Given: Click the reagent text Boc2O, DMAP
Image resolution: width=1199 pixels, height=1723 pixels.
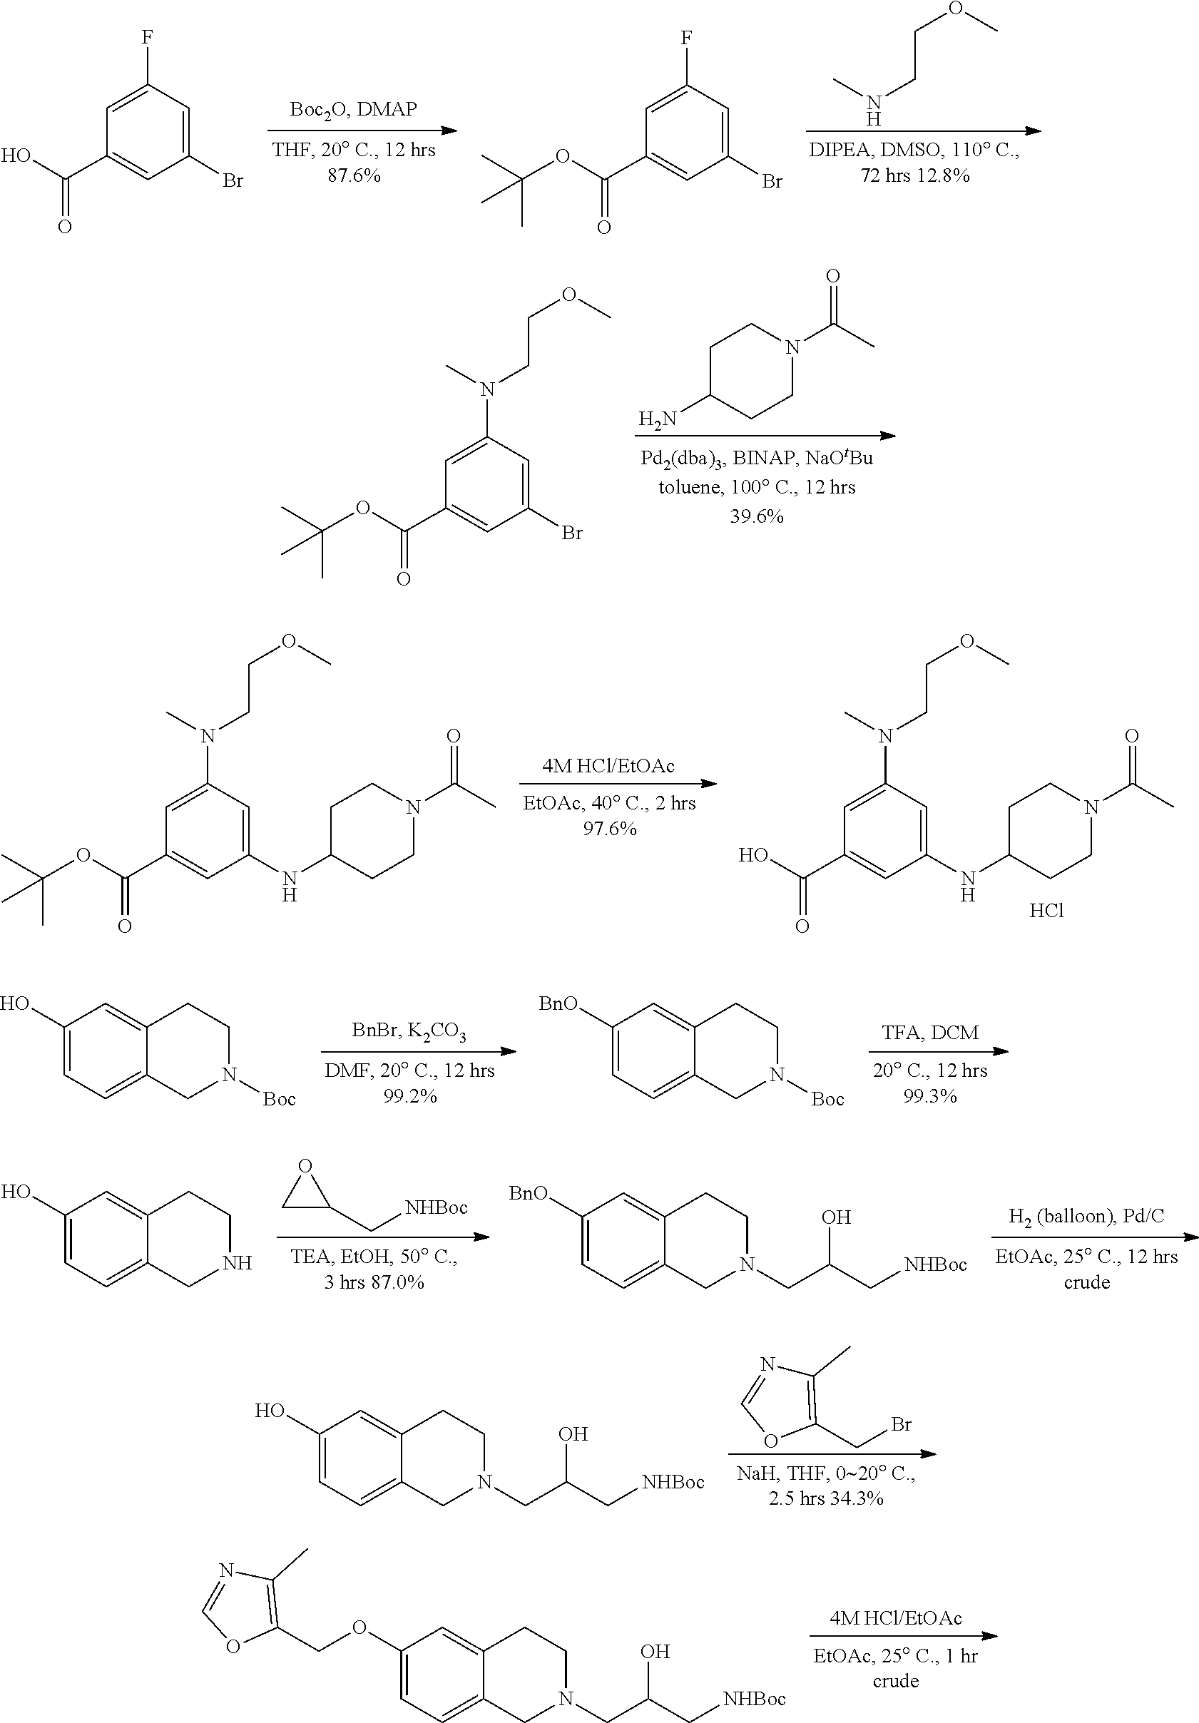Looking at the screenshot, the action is coord(352,111).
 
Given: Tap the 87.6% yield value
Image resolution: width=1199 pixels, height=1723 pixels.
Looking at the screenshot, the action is coord(353,175).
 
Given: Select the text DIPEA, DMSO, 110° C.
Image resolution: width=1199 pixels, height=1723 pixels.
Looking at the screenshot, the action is coord(914,150).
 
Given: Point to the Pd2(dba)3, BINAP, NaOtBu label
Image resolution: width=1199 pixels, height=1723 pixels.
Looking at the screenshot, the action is coord(756,458).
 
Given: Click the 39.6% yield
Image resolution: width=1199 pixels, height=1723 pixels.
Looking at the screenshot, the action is coord(756,516).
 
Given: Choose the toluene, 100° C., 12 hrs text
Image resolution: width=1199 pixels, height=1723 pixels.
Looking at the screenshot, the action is coord(756,487).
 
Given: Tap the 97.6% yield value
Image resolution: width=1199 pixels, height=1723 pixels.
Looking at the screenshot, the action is coord(609,829).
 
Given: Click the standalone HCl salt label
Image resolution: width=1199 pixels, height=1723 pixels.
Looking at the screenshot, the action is coord(1046,911).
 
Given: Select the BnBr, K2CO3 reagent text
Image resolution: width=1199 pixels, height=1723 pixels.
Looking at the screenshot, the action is coord(409,1032).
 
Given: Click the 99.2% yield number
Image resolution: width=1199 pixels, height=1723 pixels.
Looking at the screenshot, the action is coord(409,1096).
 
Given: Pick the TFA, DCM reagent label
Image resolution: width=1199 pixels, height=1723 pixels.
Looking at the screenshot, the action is coord(929,1033).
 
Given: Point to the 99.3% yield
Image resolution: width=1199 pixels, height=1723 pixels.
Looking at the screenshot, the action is coord(929,1096).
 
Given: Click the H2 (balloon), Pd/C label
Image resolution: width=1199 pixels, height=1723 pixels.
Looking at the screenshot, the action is coord(1086,1217).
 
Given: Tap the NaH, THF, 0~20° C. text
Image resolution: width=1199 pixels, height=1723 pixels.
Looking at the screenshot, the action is coord(825,1473).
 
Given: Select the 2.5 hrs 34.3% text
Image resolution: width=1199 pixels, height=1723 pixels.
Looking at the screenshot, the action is coord(825,1498).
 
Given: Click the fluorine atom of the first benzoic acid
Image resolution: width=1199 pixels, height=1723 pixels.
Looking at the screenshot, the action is coord(147,37).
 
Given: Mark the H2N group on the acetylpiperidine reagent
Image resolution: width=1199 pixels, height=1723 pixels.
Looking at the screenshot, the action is coord(656,418).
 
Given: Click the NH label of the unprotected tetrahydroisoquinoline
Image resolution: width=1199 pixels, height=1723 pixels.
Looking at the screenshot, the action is coord(237,1263).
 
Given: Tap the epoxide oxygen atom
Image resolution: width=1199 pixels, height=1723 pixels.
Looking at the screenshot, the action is coord(305,1166).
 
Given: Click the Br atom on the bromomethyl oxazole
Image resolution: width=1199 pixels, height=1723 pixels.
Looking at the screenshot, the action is coord(901,1423).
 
